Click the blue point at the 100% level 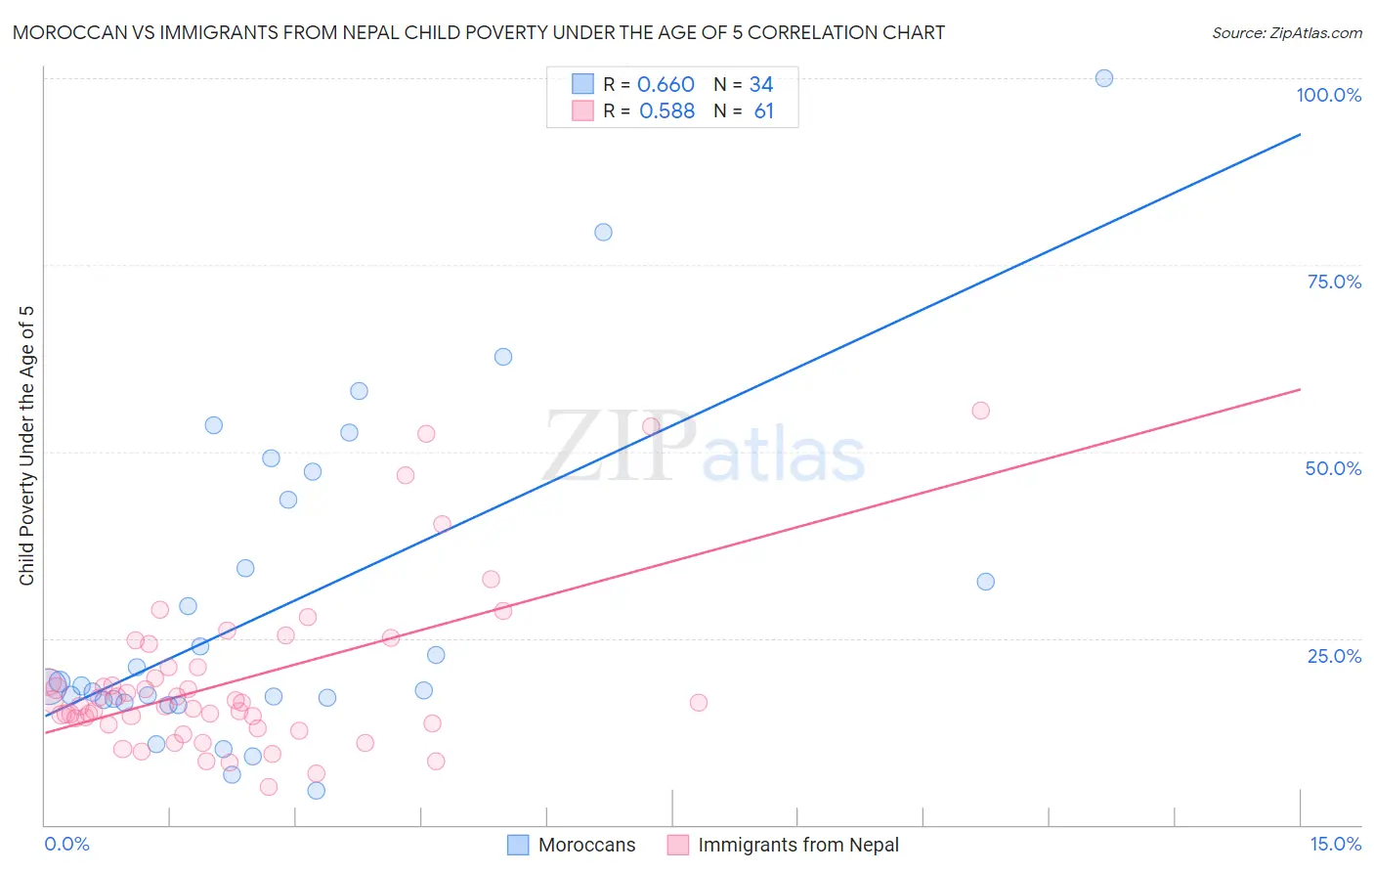[1103, 78]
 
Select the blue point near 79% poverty [603, 233]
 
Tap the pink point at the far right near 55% [980, 411]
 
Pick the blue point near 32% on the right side [985, 582]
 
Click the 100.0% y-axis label [1328, 95]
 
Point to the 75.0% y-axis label [1334, 282]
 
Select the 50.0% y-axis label [1333, 468]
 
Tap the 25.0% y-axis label [1334, 656]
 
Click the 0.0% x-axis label [66, 844]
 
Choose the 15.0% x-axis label [1335, 844]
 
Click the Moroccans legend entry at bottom [585, 845]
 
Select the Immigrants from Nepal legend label [797, 845]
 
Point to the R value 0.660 [666, 85]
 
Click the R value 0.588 [666, 111]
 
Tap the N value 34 [761, 85]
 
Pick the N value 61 [763, 111]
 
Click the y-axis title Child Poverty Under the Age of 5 [26, 446]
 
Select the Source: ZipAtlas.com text [1286, 33]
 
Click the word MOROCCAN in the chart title [62, 33]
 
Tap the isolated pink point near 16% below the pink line [698, 703]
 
